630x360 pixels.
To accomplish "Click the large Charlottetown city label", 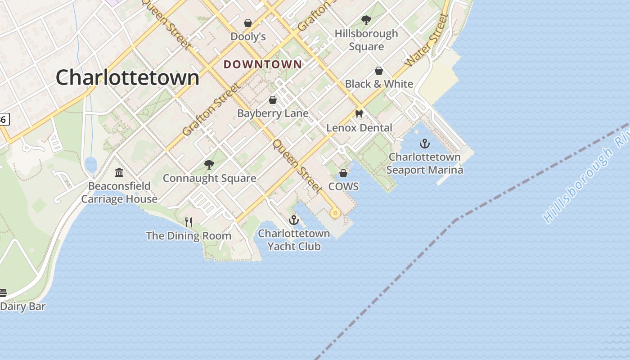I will [x=127, y=77].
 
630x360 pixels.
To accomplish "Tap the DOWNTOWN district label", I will [x=263, y=64].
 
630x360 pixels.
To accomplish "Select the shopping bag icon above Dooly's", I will [x=247, y=23].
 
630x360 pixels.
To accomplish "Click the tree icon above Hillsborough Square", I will [x=366, y=20].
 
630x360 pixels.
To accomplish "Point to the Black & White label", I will [x=379, y=84].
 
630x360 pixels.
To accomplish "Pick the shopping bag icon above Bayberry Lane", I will [x=273, y=100].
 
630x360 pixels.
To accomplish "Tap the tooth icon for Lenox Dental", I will [x=359, y=114].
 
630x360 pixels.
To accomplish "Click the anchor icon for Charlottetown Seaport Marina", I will [x=424, y=144].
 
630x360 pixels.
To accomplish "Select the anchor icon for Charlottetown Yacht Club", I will [x=294, y=220].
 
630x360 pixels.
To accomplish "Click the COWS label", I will [x=343, y=186].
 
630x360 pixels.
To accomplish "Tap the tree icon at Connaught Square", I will [x=209, y=165].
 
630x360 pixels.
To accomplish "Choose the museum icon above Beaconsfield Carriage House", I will [x=119, y=172].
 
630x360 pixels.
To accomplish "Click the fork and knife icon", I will [x=189, y=222].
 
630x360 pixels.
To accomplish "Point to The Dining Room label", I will [x=189, y=236].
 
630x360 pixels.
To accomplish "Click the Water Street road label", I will [x=427, y=41].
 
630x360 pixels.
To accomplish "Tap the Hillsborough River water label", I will [x=585, y=180].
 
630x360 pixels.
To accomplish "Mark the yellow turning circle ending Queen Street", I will [x=335, y=213].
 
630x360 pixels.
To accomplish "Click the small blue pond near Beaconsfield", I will [x=90, y=165].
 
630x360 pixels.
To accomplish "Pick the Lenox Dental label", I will [x=359, y=128].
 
